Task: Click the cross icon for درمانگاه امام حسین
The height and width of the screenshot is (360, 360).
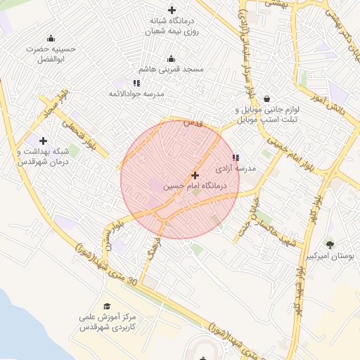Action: [195, 174]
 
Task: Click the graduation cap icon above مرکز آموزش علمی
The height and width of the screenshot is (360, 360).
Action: [107, 306]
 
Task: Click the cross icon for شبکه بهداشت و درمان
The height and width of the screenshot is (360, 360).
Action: [44, 141]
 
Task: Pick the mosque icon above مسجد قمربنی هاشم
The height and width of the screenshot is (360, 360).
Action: [171, 59]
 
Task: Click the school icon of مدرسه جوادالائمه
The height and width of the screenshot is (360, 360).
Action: [136, 83]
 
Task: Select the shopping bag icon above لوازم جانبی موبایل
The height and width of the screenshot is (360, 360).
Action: [266, 99]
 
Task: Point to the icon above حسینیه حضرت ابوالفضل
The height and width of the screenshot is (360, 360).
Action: [50, 39]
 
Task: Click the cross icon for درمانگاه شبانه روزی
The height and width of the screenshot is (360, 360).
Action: [172, 10]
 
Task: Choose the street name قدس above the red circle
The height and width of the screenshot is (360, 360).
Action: [193, 123]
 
